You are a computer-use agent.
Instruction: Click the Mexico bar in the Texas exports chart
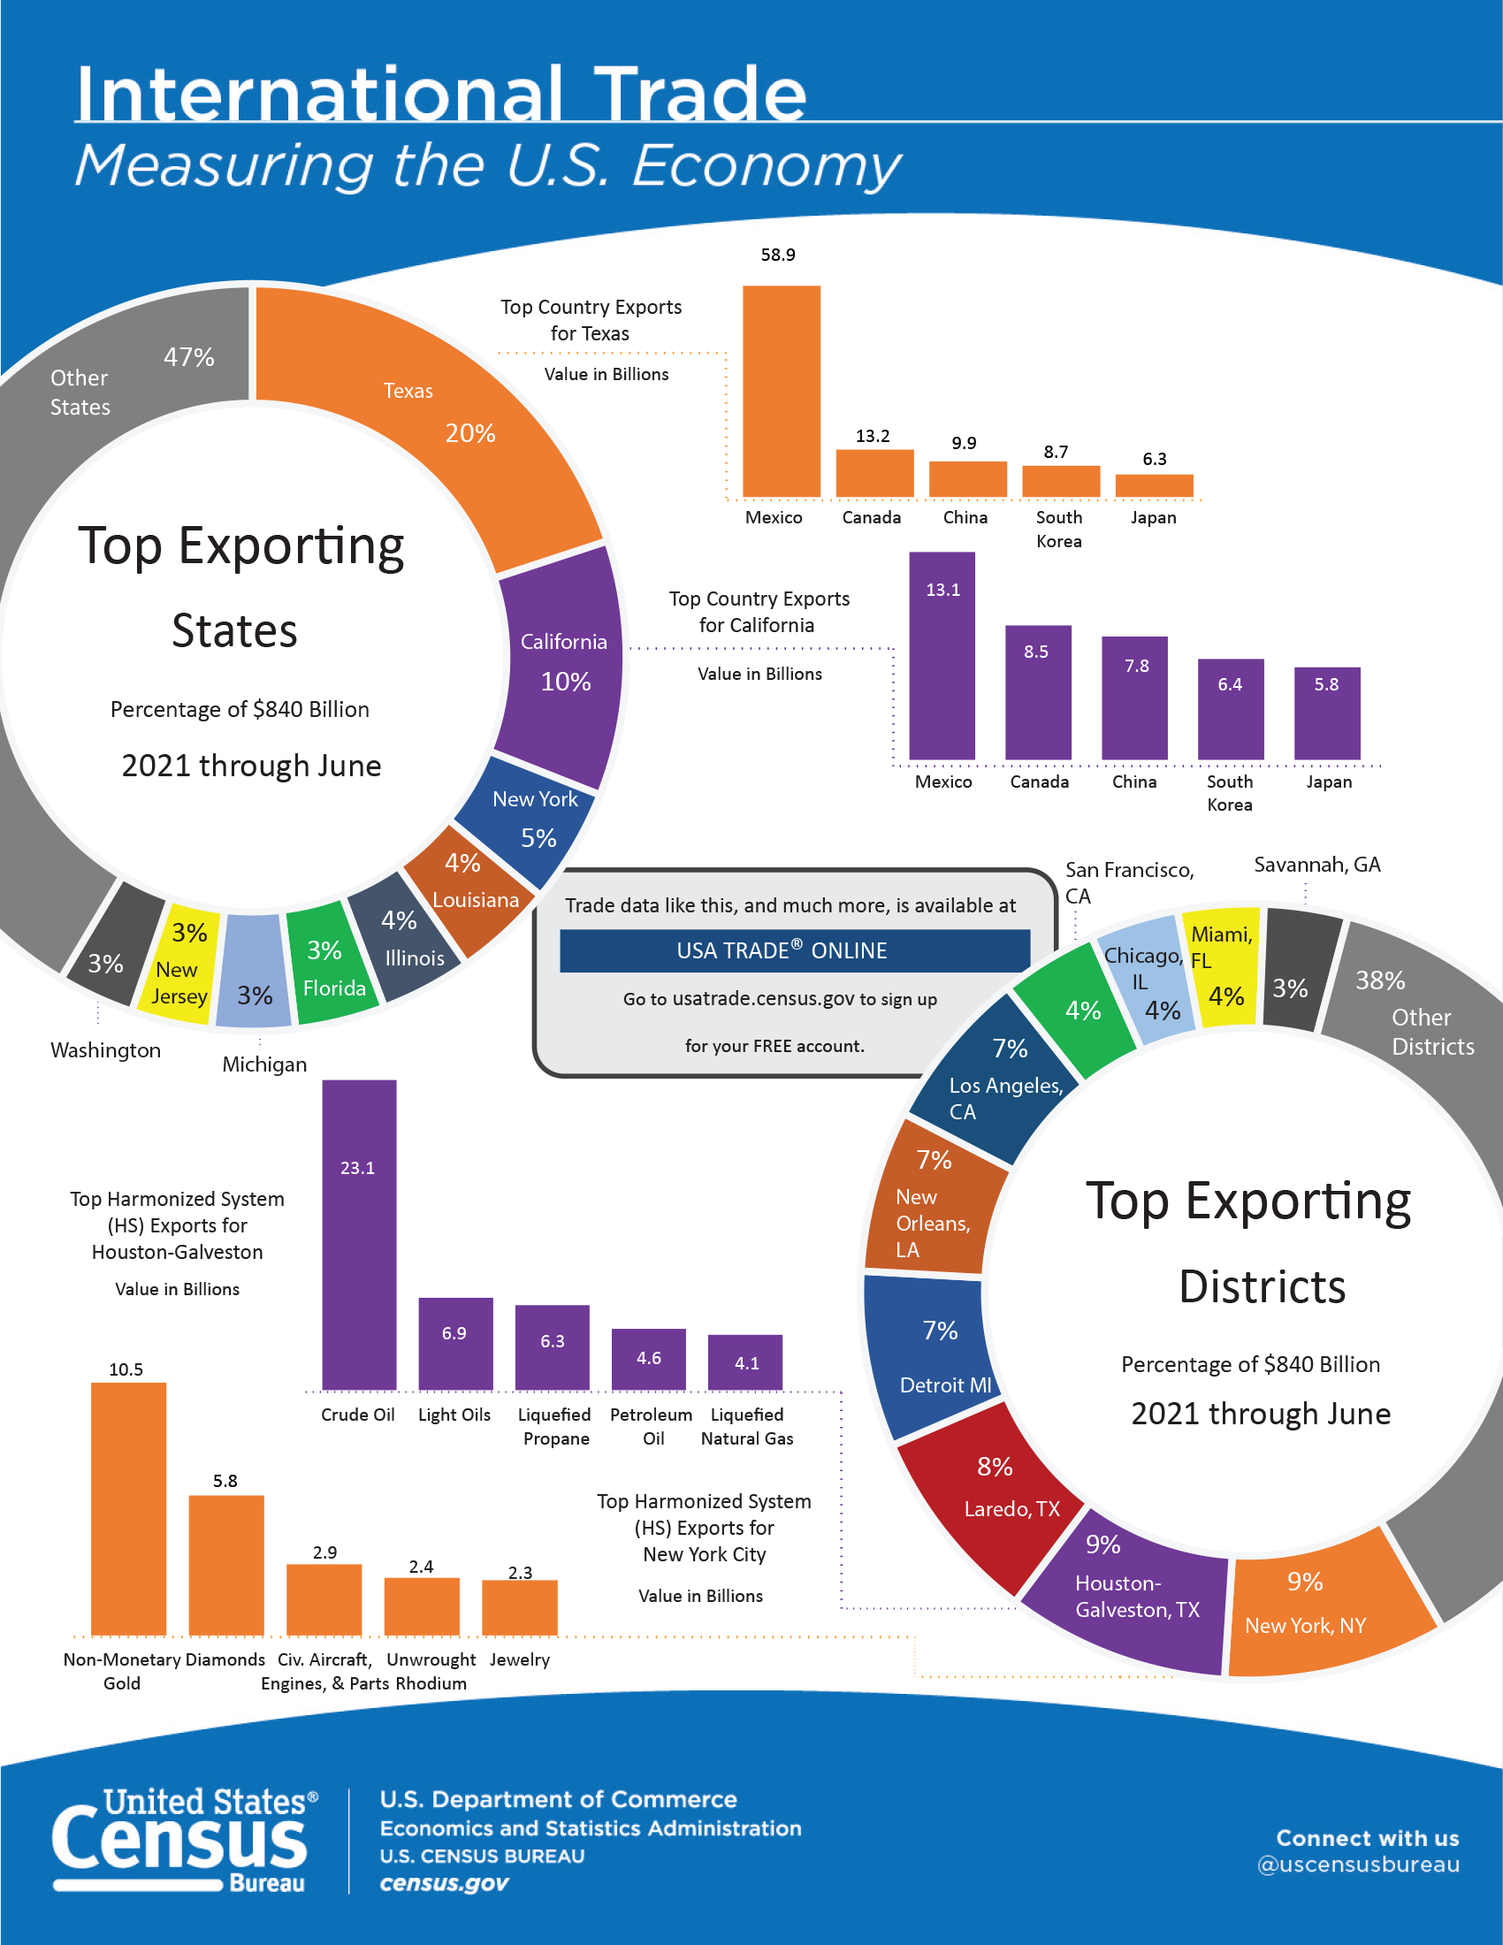pyautogui.click(x=781, y=392)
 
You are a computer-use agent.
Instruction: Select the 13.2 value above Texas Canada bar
pyautogui.click(x=872, y=436)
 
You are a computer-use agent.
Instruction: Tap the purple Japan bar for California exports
pyautogui.click(x=1326, y=714)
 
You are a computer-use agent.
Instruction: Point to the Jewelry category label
pyautogui.click(x=519, y=1659)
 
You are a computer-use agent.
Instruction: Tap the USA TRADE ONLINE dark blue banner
pyautogui.click(x=794, y=950)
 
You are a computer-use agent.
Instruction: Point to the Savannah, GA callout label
pyautogui.click(x=1316, y=864)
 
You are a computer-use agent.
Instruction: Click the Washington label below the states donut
pyautogui.click(x=105, y=1050)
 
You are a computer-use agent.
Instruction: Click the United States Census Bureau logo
pyautogui.click(x=183, y=1839)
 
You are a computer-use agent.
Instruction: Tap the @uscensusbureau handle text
pyautogui.click(x=1357, y=1864)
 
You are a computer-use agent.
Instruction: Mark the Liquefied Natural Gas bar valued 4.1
pyautogui.click(x=745, y=1361)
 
